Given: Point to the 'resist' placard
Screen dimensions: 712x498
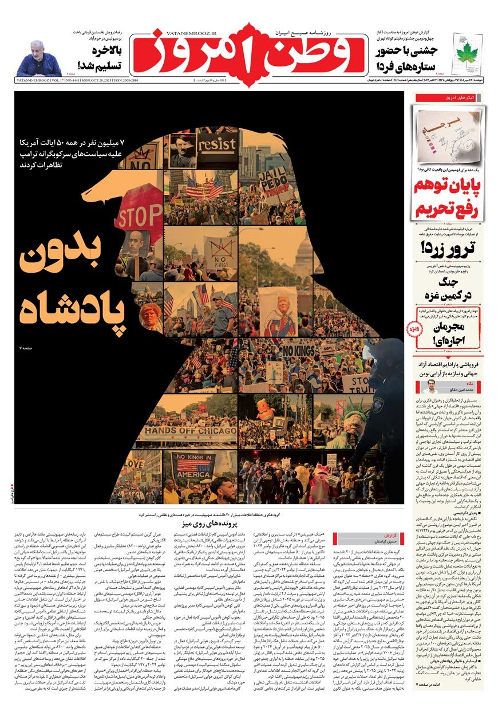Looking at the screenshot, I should point(216,144).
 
